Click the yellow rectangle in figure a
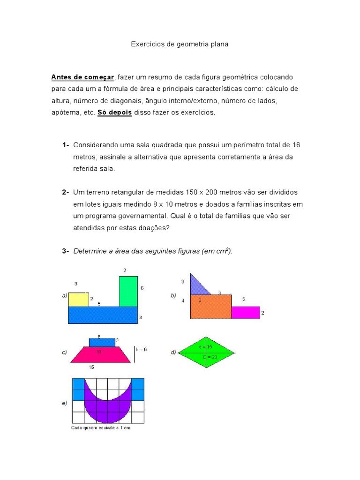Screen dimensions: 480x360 78,300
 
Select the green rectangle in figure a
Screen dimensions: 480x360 128,291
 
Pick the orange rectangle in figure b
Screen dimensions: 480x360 211,307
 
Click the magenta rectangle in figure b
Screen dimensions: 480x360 246,313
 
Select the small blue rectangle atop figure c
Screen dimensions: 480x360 102,342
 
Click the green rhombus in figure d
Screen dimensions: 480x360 206,353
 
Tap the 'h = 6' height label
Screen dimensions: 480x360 141,349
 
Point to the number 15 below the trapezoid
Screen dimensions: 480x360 92,367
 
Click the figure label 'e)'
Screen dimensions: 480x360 64,404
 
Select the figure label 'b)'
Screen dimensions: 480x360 173,296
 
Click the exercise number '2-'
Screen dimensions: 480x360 65,192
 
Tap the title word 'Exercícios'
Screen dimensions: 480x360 145,44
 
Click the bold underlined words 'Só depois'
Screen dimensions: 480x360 114,112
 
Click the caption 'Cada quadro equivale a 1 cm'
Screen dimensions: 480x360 100,428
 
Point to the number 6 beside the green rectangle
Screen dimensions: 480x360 142,288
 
